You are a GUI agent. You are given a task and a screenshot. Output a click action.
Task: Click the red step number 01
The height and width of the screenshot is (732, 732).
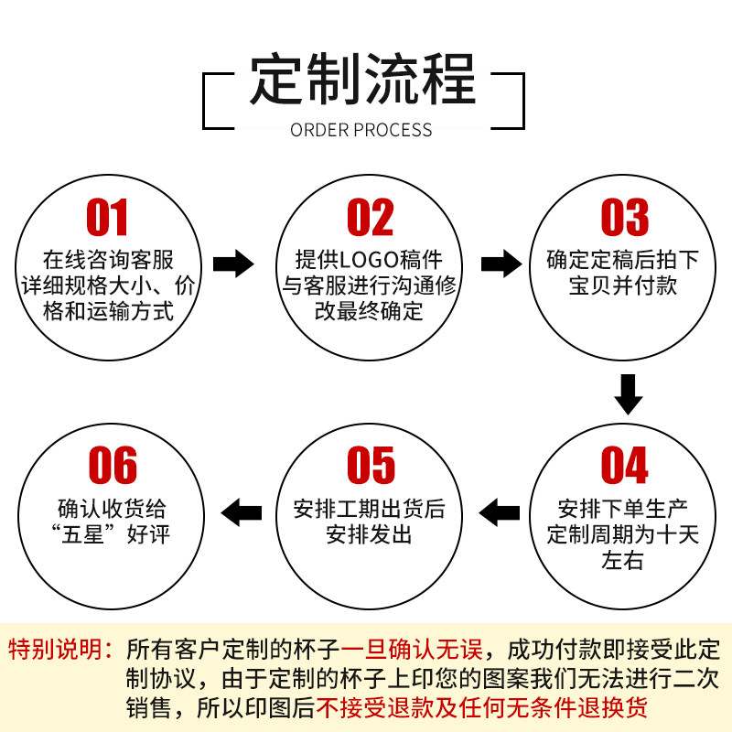coord(108,218)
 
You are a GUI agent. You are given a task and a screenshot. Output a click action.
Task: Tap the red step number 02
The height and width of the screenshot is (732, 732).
coord(370,218)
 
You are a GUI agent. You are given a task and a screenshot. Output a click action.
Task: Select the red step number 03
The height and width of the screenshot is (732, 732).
coord(624,218)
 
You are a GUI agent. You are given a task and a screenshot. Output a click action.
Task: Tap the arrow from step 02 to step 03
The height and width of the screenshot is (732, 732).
coord(501,264)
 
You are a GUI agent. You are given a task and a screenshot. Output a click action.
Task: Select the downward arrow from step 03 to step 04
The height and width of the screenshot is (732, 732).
coord(628,393)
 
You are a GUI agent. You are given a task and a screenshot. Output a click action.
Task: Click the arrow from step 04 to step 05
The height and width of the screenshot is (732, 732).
coord(501,511)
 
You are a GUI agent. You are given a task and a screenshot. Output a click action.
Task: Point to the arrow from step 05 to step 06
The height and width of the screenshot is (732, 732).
coord(242,511)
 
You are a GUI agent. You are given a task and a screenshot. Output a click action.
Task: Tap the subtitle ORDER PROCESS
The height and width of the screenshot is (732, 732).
coord(361,129)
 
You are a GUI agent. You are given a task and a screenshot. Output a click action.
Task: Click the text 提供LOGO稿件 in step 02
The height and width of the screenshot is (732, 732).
coord(369,260)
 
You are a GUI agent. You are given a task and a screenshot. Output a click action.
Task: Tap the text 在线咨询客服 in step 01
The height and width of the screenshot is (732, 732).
coord(108,260)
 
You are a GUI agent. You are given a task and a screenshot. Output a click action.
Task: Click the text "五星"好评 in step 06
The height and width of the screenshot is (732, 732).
coord(113,535)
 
